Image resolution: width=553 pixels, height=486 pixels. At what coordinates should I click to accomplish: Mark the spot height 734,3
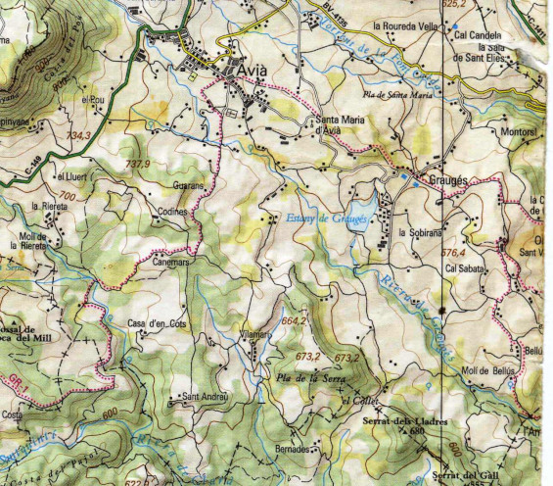[x=78, y=135]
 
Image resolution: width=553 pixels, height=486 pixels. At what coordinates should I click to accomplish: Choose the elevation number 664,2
[x=295, y=320]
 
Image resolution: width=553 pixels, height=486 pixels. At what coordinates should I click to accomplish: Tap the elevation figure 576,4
[x=455, y=252]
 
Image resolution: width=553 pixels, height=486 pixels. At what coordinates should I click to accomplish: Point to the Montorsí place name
[x=520, y=129]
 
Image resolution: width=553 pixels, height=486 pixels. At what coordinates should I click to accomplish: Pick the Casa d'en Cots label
[x=157, y=323]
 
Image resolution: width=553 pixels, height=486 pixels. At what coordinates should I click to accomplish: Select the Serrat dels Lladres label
[x=405, y=421]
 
